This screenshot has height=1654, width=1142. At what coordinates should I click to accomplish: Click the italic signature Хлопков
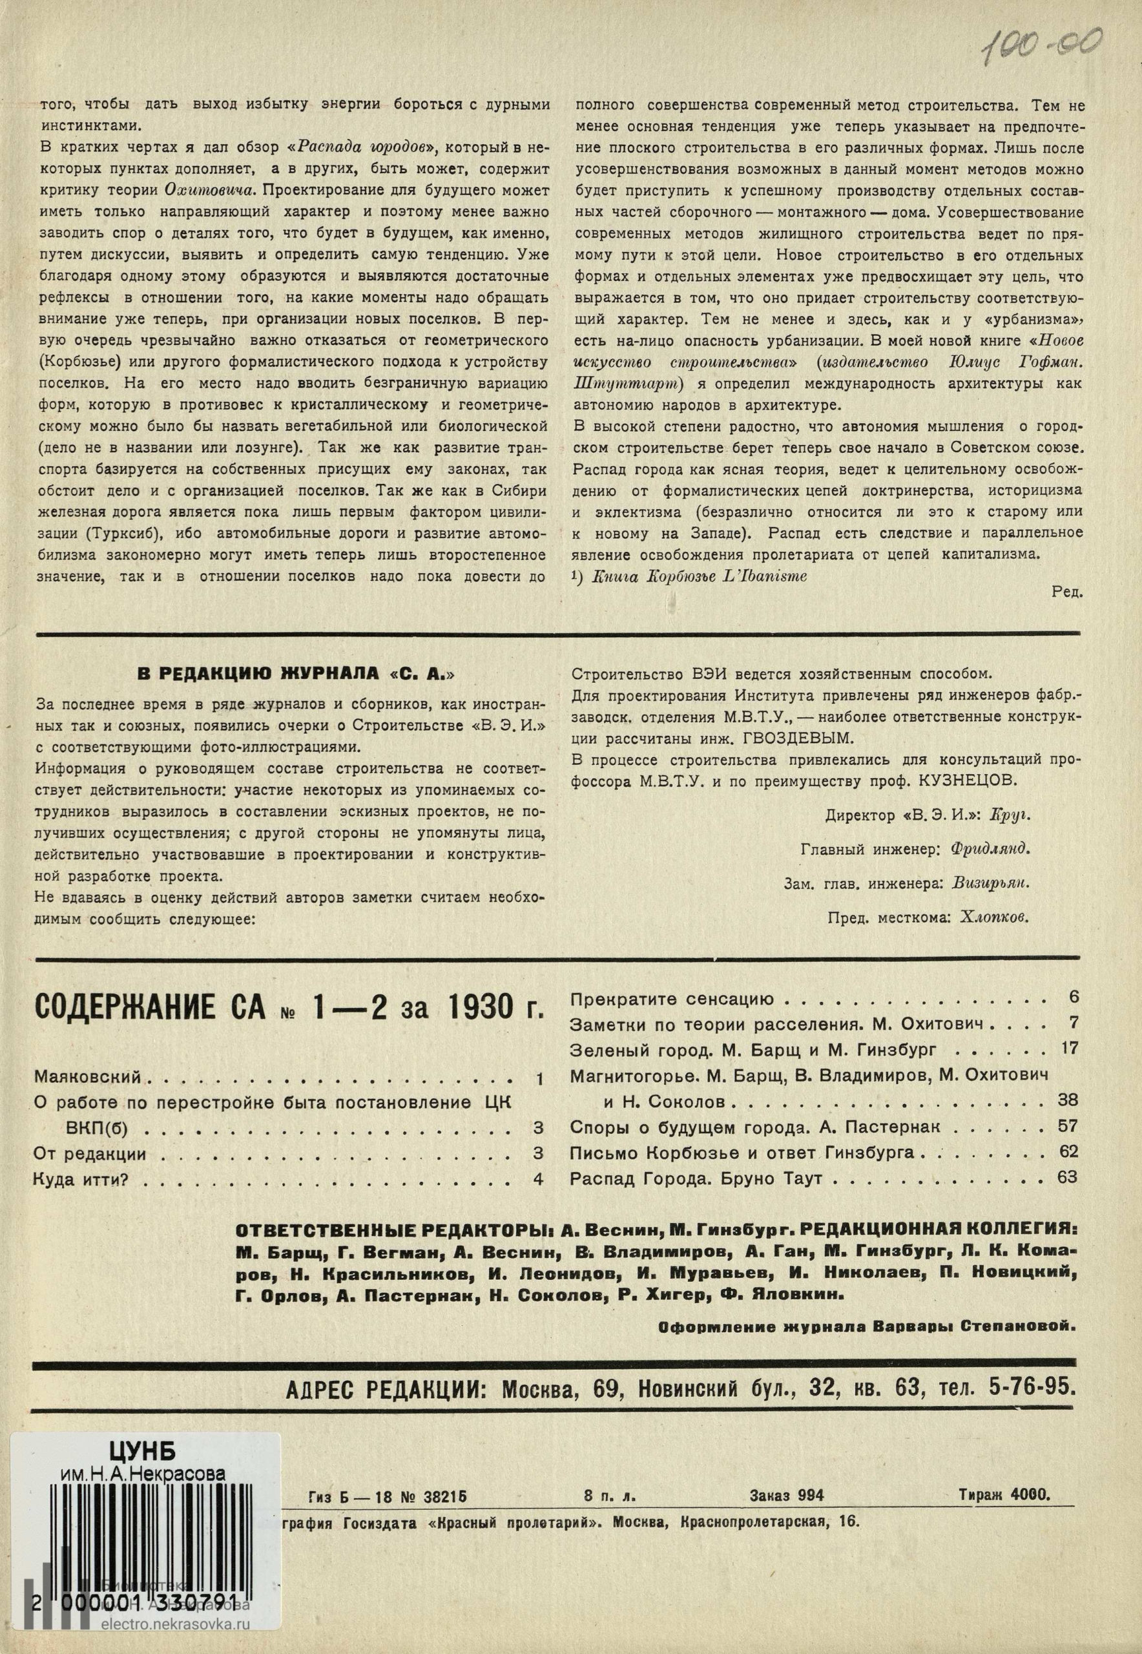995,917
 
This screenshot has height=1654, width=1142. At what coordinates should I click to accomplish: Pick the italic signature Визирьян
991,883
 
